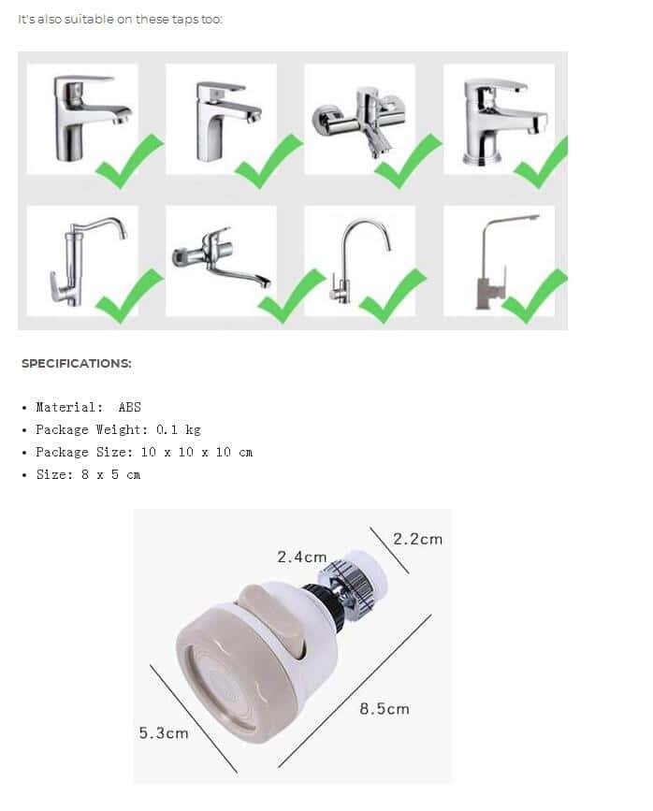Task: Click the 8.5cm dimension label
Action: coord(385,709)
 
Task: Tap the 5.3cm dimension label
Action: coord(164,733)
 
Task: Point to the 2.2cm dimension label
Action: coord(417,539)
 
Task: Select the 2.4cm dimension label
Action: coord(302,557)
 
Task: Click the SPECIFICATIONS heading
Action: coord(77,363)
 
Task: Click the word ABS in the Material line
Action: coord(129,407)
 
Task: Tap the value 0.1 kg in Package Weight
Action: coord(178,429)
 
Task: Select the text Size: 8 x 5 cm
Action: coord(88,474)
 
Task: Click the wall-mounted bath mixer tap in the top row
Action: coord(359,121)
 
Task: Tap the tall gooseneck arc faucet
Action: coord(361,261)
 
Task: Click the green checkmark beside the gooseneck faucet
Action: coord(392,296)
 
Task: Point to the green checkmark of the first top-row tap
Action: coord(130,161)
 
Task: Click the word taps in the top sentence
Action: coord(185,19)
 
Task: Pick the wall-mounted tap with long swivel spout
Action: coord(221,257)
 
